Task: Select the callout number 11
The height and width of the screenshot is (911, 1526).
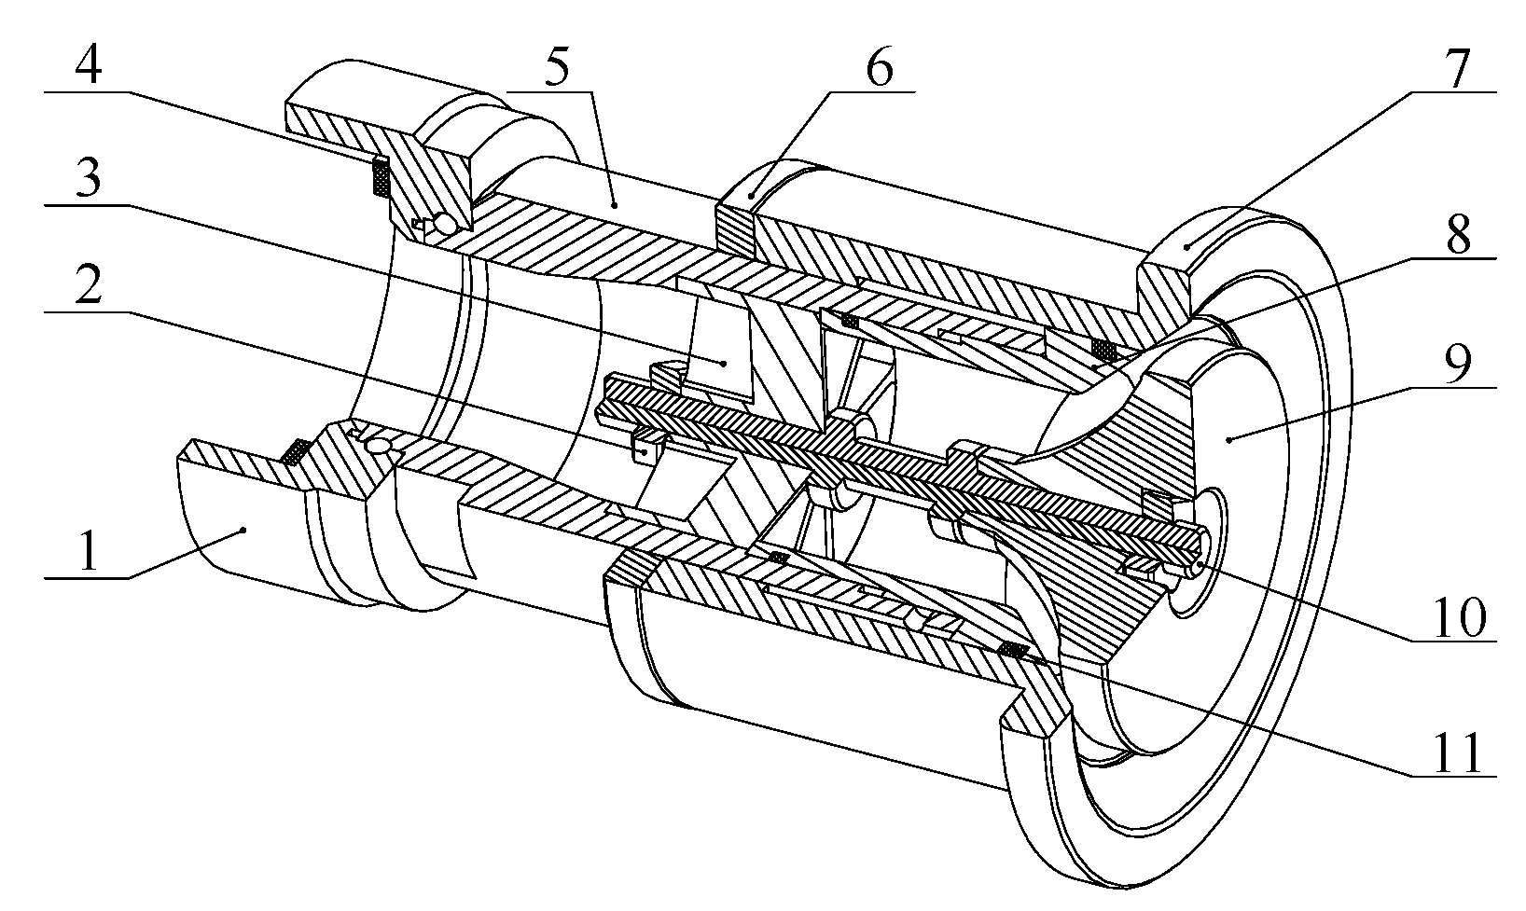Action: [1458, 753]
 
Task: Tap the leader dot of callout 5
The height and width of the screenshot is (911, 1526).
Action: [613, 203]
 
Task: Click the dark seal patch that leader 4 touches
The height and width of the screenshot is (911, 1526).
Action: [381, 177]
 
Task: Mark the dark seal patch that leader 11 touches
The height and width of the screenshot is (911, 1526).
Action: [1013, 649]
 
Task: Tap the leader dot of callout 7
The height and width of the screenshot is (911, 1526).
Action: [1187, 246]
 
